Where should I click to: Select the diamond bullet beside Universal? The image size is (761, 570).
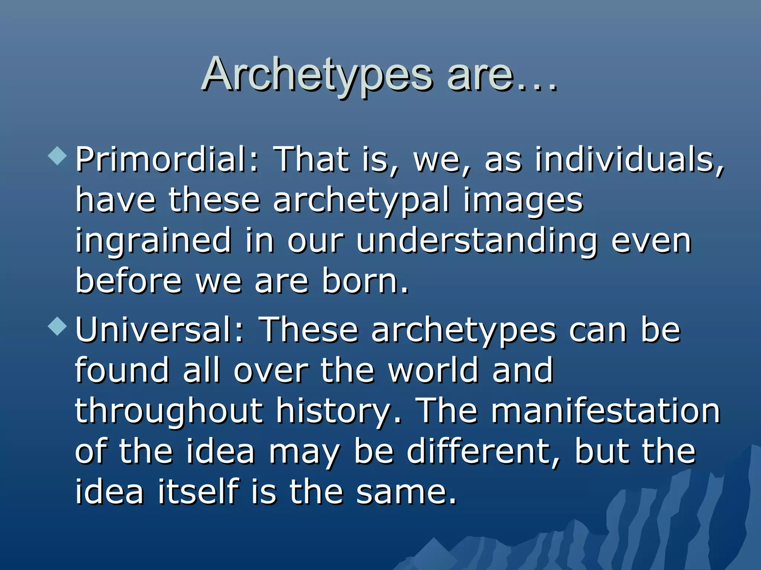[58, 327]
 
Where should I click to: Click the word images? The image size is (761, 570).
[523, 201]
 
